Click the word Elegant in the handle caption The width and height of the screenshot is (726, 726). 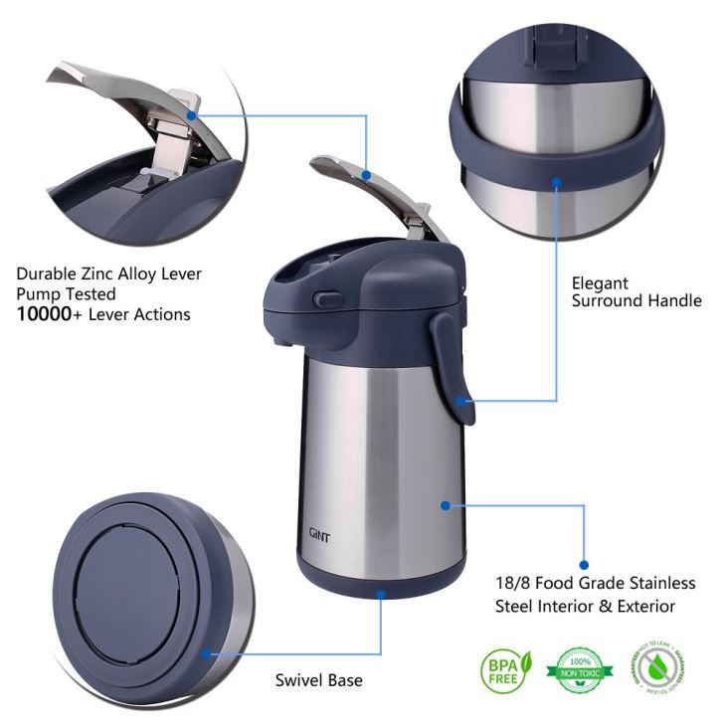(600, 283)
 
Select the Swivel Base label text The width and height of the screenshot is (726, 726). (318, 680)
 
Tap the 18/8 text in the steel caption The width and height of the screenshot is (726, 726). (513, 583)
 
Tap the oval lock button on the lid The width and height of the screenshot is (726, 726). (324, 297)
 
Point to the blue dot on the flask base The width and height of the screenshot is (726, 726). (380, 593)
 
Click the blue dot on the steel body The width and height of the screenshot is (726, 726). (446, 505)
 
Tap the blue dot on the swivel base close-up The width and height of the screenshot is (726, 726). (206, 653)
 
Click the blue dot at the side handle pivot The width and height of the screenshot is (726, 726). (460, 401)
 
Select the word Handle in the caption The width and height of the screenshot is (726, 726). (666, 301)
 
